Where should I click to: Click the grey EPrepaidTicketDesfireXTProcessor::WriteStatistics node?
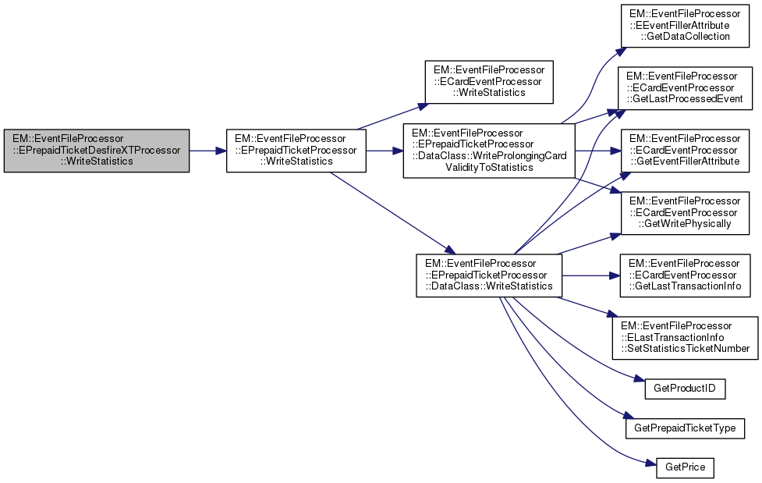pyautogui.click(x=97, y=151)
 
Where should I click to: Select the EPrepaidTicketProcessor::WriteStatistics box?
pyautogui.click(x=296, y=151)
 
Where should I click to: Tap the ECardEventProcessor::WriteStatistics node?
pyautogui.click(x=488, y=82)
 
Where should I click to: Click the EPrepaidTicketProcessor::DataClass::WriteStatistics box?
pyautogui.click(x=488, y=275)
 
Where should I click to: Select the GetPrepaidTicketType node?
pyautogui.click(x=686, y=428)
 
